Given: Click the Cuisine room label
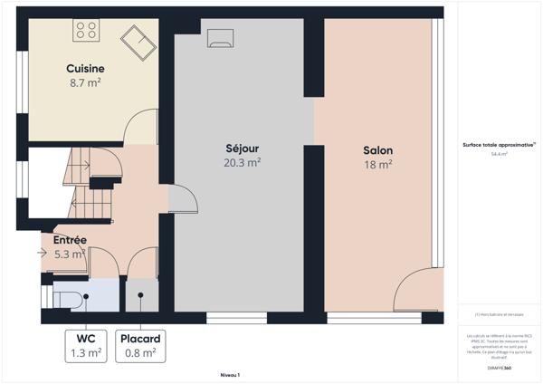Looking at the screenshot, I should pyautogui.click(x=85, y=69).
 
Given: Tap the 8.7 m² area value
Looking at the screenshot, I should pyautogui.click(x=85, y=82).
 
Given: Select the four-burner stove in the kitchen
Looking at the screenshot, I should pyautogui.click(x=86, y=30).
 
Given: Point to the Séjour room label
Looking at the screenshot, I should pyautogui.click(x=242, y=149).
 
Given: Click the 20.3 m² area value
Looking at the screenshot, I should pyautogui.click(x=242, y=163).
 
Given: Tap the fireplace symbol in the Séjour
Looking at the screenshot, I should pyautogui.click(x=220, y=37).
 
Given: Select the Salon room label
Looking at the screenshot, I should pyautogui.click(x=377, y=150).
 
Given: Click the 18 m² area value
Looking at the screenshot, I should pyautogui.click(x=377, y=165).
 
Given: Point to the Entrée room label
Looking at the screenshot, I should pyautogui.click(x=70, y=240).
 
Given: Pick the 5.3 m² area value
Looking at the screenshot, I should pyautogui.click(x=70, y=254).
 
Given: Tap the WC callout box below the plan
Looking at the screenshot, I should pyautogui.click(x=86, y=346).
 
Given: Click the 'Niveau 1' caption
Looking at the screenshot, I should pyautogui.click(x=230, y=373).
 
